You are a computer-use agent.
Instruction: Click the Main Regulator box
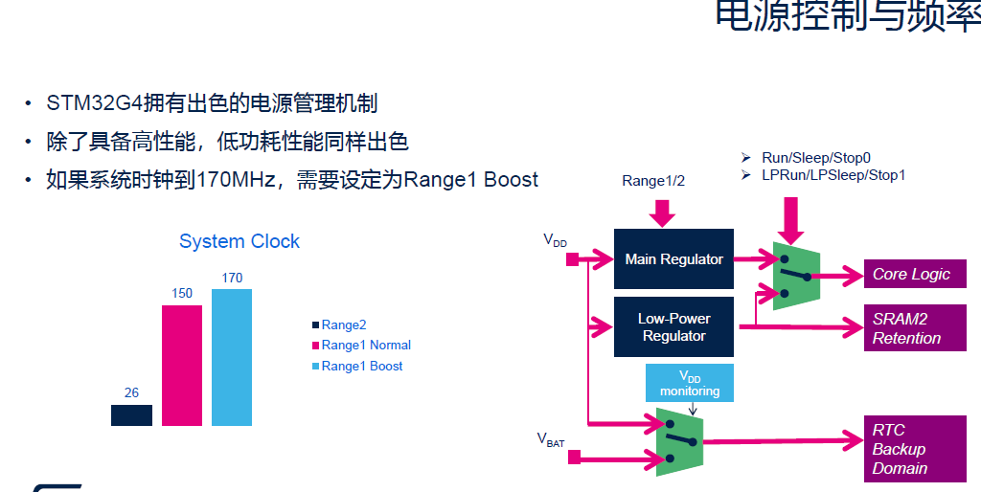click(673, 258)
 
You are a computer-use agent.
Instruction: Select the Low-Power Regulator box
click(673, 326)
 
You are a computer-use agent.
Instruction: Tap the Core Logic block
click(910, 274)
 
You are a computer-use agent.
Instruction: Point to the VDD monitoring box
click(689, 383)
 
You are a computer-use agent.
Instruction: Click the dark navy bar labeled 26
click(131, 414)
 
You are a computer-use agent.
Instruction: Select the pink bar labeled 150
click(182, 365)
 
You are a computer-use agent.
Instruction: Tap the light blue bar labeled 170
click(232, 357)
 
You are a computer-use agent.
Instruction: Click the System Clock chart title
click(240, 241)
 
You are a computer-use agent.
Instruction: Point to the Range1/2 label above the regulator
click(652, 180)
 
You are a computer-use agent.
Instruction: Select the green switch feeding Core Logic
click(794, 276)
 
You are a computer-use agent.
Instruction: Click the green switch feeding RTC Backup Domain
click(678, 441)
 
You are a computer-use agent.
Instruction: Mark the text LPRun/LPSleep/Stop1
click(833, 175)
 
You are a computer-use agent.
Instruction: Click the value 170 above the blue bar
click(232, 278)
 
